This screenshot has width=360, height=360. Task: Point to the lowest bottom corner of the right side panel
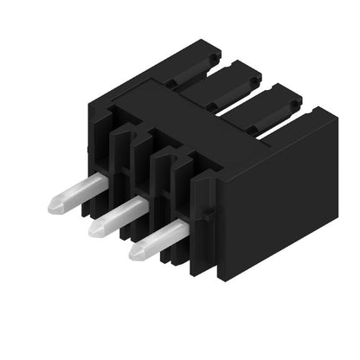[x=220, y=279]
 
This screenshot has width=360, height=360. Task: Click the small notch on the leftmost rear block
[x=172, y=84]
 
